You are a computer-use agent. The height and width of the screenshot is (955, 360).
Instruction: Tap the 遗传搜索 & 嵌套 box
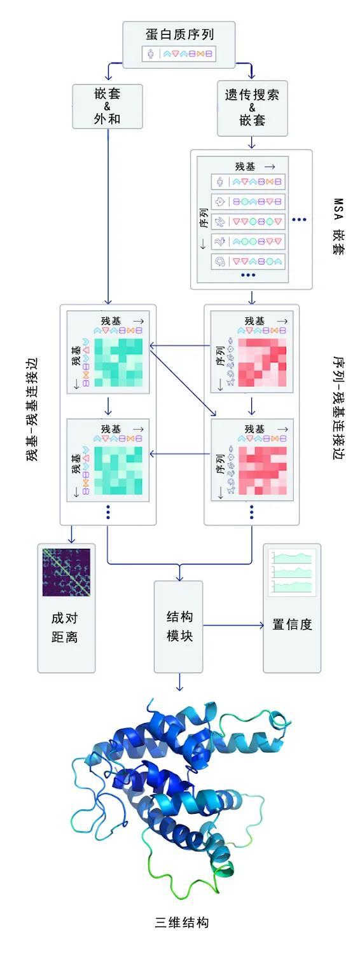tap(252, 108)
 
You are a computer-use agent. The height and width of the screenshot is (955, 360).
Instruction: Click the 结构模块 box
tap(179, 626)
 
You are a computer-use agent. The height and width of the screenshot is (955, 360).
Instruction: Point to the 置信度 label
tap(292, 624)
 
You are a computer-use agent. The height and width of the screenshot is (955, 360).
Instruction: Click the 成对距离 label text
tap(65, 627)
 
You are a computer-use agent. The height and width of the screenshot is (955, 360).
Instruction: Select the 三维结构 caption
tap(182, 922)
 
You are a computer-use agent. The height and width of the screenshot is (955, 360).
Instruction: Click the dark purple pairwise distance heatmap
tap(66, 571)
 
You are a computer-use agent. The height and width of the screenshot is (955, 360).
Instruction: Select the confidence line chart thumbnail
tap(292, 572)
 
